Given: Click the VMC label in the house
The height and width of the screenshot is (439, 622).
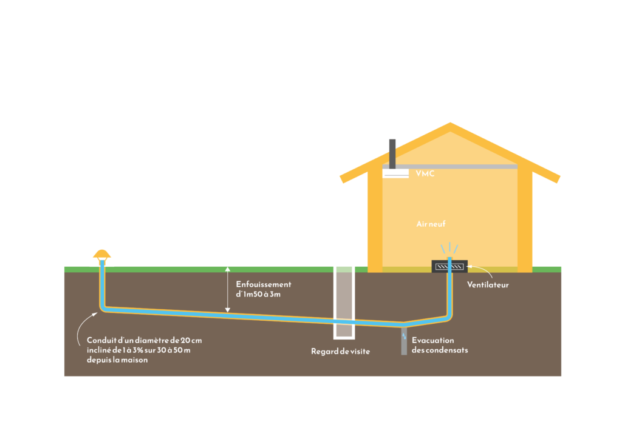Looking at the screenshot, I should tap(425, 173).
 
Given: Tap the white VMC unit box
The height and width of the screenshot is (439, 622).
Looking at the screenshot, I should tap(395, 173).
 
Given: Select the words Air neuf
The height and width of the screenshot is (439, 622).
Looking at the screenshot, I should tap(431, 224).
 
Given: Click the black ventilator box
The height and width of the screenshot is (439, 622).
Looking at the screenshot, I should tap(449, 266).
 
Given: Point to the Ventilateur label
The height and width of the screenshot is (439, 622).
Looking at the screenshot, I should tap(488, 284).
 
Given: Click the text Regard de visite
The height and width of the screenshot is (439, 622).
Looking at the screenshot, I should tap(340, 351).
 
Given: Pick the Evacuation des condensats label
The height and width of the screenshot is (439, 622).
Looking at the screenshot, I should tap(439, 345).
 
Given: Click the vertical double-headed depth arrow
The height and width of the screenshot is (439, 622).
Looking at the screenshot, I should tap(228, 289).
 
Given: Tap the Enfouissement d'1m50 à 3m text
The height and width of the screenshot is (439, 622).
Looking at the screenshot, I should tap(263, 289).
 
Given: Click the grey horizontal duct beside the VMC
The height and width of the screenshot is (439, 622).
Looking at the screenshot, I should tap(462, 167).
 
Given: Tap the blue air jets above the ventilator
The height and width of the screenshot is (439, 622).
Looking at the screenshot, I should tap(449, 247).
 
